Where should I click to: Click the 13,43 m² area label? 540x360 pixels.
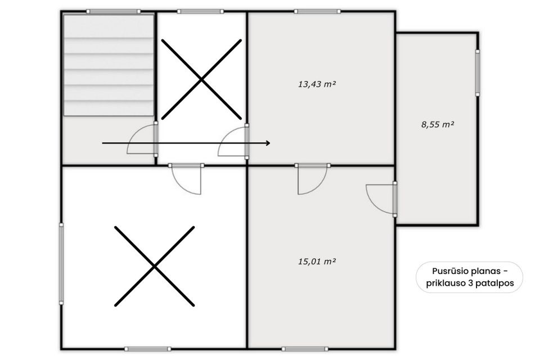coord(317,84)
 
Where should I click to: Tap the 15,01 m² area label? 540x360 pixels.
coord(317,262)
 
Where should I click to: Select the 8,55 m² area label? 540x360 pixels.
coord(438,124)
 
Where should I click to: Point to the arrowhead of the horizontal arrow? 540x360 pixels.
coord(269,143)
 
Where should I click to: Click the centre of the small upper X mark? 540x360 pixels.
coord(201,79)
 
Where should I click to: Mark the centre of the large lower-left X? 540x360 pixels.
coord(154,266)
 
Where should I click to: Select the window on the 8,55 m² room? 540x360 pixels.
coord(478,73)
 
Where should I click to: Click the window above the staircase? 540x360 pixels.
coord(113,11)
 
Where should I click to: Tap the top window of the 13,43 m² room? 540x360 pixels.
coord(317,11)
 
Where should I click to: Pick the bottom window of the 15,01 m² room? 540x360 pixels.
coord(305,349)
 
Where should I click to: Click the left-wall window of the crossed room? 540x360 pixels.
coord(61,264)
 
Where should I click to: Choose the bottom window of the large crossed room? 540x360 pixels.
coord(148,349)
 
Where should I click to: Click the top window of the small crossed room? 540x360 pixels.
coord(200,11)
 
